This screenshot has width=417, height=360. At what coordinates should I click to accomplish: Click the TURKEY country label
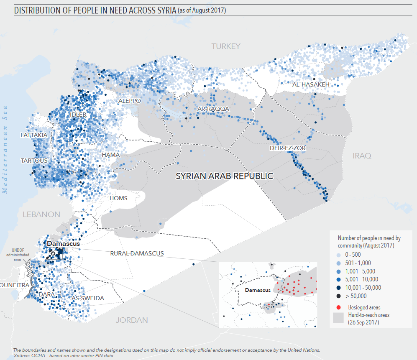(x=226, y=46)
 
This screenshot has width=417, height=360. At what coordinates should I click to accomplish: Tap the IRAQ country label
(x=362, y=156)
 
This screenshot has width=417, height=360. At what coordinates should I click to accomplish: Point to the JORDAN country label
(x=132, y=320)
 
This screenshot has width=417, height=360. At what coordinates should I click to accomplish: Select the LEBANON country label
(x=41, y=214)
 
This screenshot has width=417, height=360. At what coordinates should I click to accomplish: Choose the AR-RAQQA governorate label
(x=213, y=109)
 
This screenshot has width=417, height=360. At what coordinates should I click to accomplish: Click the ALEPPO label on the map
(x=130, y=101)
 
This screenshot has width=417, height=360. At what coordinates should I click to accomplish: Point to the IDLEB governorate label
(x=78, y=115)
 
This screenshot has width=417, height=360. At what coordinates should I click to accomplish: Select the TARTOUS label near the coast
(x=34, y=161)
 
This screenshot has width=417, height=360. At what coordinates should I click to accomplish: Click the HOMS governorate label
(x=118, y=198)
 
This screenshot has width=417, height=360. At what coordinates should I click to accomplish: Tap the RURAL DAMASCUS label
(x=137, y=253)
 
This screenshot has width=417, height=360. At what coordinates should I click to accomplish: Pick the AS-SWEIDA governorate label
(x=88, y=299)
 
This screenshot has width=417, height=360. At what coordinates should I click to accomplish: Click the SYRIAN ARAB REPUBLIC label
(x=225, y=176)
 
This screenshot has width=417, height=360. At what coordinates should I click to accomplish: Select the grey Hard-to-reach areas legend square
(x=338, y=318)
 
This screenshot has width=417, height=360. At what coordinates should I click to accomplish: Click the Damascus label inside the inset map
(x=257, y=290)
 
